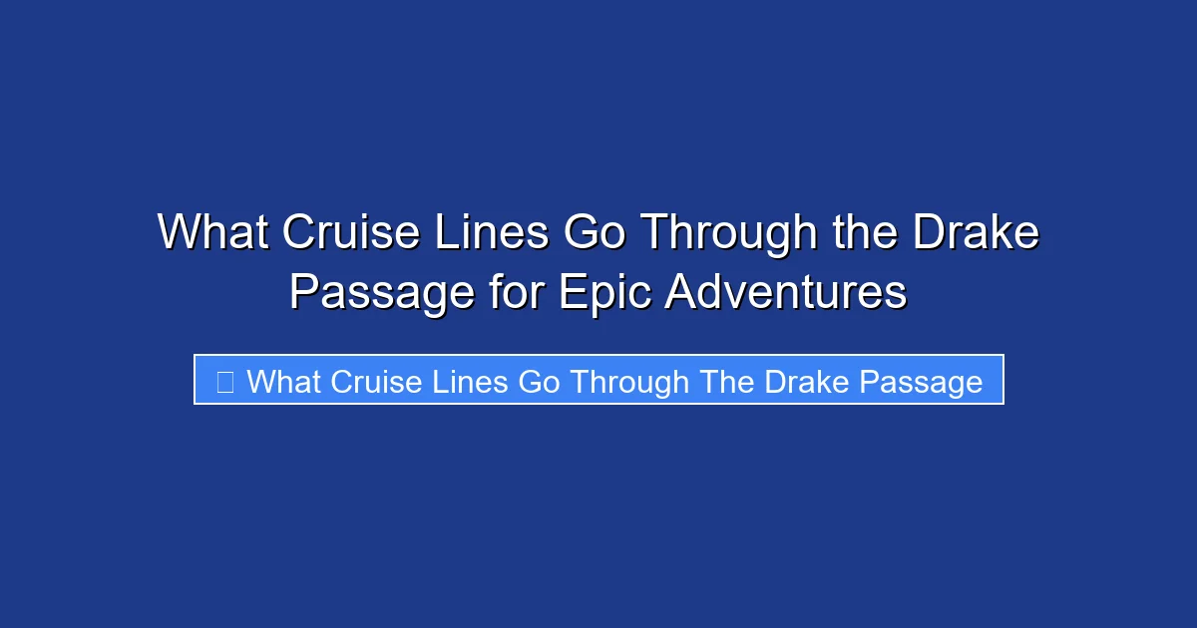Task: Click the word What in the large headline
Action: click(213, 234)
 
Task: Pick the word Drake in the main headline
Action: click(975, 234)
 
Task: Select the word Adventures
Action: click(786, 293)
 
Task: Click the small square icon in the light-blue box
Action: click(225, 382)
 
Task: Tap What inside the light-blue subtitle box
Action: click(284, 382)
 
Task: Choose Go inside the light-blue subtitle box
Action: click(540, 382)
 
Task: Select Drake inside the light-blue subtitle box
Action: click(806, 382)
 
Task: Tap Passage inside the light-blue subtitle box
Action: click(921, 382)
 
